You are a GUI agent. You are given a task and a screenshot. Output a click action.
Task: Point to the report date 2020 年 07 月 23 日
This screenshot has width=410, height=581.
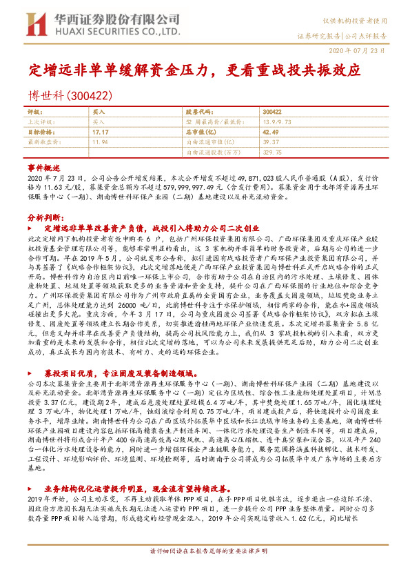click(x=358, y=52)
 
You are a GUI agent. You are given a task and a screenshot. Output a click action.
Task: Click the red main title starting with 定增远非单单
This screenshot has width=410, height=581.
click(x=194, y=70)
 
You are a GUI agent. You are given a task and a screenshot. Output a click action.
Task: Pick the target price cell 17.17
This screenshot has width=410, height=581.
click(x=101, y=130)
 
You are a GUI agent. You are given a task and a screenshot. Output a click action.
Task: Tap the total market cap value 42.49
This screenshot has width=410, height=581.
click(x=271, y=130)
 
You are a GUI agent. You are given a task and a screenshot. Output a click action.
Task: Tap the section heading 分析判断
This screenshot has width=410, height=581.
click(x=46, y=217)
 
